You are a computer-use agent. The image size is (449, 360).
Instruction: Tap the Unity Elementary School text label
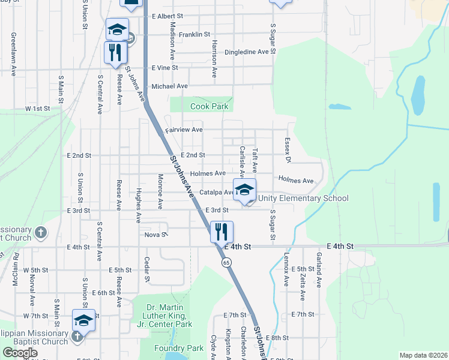point(303,199)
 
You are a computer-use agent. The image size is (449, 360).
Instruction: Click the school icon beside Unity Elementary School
point(244,191)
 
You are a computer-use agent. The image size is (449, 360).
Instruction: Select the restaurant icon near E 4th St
point(221,232)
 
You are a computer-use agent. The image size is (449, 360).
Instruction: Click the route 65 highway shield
point(226,262)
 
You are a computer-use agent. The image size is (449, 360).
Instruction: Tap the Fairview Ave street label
point(184,130)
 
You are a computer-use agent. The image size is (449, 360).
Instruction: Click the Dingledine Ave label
point(246,52)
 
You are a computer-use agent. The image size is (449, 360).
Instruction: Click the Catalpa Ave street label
point(217,193)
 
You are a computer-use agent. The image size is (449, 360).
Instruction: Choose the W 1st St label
point(37,109)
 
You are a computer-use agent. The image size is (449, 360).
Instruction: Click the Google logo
point(20,353)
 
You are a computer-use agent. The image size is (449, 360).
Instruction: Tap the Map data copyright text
point(424,355)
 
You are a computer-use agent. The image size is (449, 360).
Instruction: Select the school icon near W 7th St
point(83,320)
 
